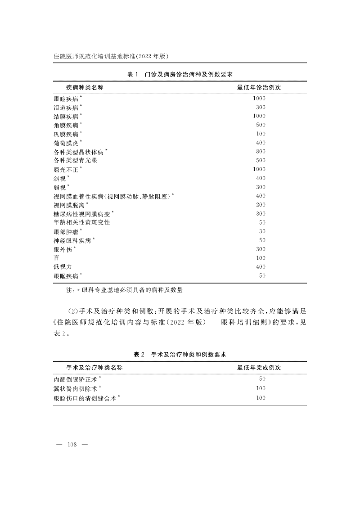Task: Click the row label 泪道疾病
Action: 66,108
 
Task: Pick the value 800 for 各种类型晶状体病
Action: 261,152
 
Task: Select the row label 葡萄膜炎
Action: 66,143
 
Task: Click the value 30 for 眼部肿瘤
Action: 262,231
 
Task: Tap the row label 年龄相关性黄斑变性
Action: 81,222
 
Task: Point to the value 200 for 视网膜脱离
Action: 261,205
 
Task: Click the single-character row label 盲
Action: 56,258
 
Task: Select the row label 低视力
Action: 63,267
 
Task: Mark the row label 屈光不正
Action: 66,170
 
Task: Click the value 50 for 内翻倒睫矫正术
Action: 262,379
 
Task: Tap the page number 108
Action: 72,445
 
